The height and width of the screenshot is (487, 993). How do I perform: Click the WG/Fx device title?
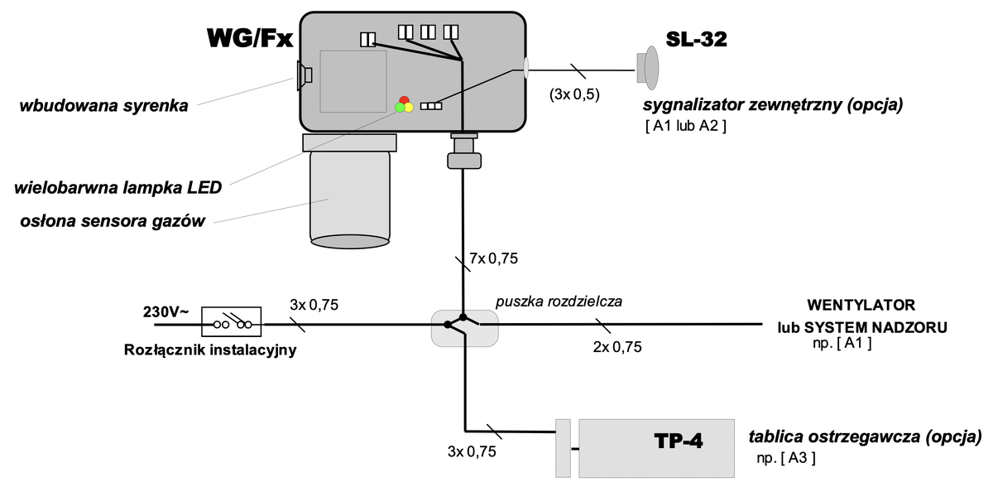(x=250, y=39)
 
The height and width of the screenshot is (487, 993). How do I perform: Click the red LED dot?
(x=404, y=99)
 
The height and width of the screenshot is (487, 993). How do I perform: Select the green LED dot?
(x=400, y=107)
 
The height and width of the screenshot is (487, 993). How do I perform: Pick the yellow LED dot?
(x=409, y=107)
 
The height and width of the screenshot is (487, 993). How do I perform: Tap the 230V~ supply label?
(x=165, y=312)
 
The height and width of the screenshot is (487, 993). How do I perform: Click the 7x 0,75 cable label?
(x=493, y=259)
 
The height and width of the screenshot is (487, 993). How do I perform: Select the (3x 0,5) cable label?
(x=573, y=94)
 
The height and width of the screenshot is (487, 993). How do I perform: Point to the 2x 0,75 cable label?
(x=617, y=347)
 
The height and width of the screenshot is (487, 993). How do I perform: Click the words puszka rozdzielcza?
(x=559, y=302)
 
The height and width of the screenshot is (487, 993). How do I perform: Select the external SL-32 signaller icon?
(x=646, y=67)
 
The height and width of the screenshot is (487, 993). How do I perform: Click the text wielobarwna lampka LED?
(x=118, y=187)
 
